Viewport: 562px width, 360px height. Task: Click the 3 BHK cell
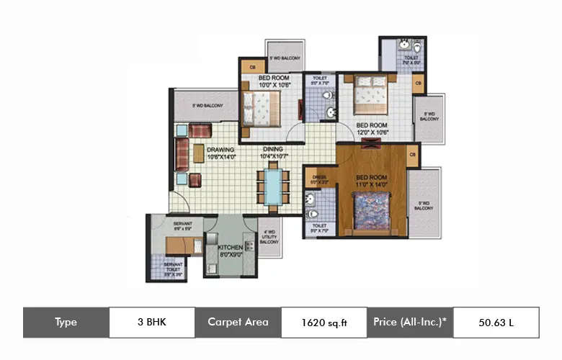(x=151, y=322)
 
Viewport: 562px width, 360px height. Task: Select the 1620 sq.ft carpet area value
(x=324, y=322)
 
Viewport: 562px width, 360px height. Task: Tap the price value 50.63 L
(x=496, y=322)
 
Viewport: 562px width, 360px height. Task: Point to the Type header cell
(x=66, y=322)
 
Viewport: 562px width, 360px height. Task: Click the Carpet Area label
(x=238, y=322)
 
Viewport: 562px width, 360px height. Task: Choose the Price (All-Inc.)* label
(x=410, y=322)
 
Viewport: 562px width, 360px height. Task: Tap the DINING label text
(x=272, y=149)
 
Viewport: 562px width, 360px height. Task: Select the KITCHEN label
(x=231, y=247)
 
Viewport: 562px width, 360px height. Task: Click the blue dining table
(x=273, y=186)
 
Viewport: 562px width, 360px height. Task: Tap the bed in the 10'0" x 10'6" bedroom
(x=257, y=109)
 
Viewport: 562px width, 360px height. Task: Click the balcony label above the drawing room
(x=208, y=106)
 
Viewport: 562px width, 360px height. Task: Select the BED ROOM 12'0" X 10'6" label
(x=372, y=127)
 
